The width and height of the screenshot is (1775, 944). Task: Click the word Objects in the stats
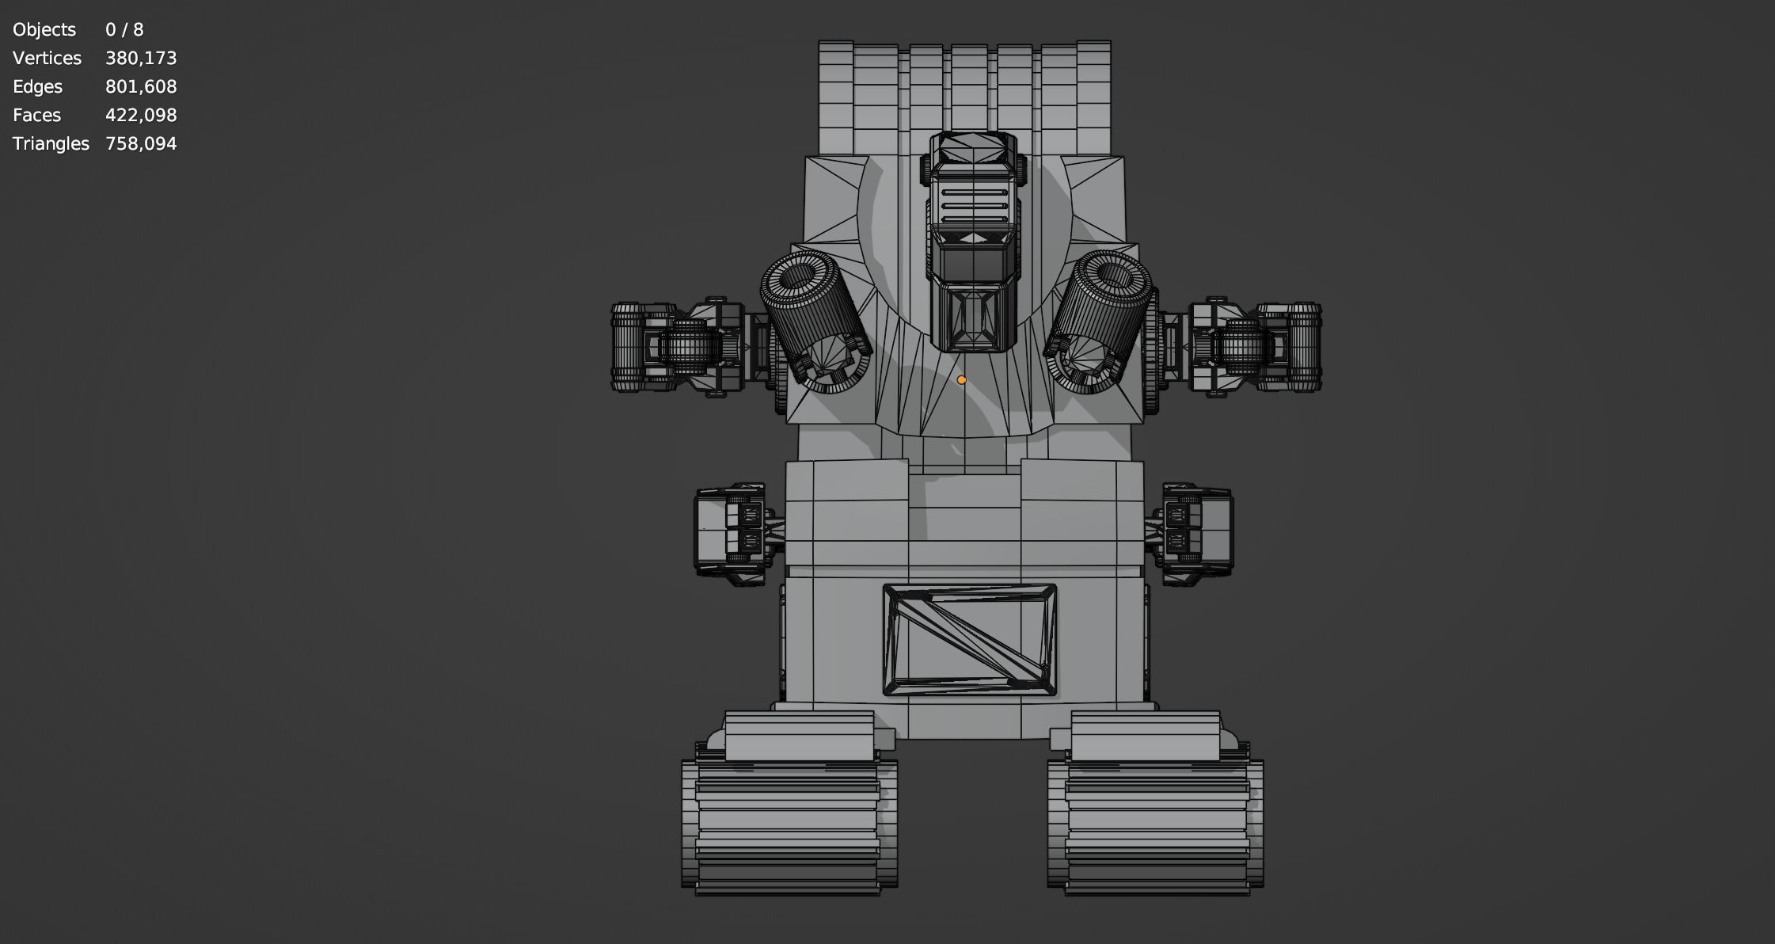pos(44,30)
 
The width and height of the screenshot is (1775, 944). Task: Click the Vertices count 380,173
pos(141,59)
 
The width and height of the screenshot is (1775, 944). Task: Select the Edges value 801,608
pos(141,87)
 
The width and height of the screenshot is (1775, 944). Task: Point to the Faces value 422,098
pos(141,116)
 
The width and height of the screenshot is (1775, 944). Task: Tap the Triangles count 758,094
pos(141,144)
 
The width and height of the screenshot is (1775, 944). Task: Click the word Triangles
pos(51,144)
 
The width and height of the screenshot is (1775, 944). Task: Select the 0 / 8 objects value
pos(124,30)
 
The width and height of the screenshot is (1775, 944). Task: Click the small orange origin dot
pos(961,380)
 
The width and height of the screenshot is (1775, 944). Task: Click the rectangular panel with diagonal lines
pos(969,640)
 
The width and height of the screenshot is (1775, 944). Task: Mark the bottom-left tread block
pos(789,824)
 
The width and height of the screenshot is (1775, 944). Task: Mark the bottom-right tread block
pos(1155,824)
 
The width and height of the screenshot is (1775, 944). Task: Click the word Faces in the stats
pos(36,116)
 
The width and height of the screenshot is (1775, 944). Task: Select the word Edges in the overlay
pos(37,87)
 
